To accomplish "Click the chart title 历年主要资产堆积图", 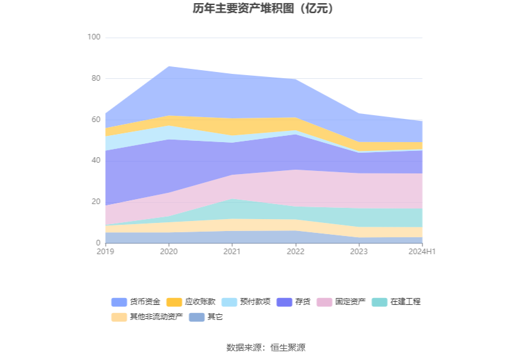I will coord(263,9).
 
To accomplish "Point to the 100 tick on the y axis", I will coord(94,38).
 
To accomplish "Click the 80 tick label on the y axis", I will coord(96,79).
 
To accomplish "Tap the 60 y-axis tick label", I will coord(96,120).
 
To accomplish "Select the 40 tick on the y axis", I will coord(96,161).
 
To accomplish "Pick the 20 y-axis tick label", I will coord(96,202).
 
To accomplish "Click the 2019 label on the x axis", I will coord(105,252).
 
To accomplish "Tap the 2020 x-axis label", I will coord(169,252).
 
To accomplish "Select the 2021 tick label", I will coord(232,252).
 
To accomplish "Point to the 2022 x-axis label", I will coord(295,252).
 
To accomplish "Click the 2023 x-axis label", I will coord(359,252).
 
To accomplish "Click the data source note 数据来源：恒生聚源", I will coord(266,347).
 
